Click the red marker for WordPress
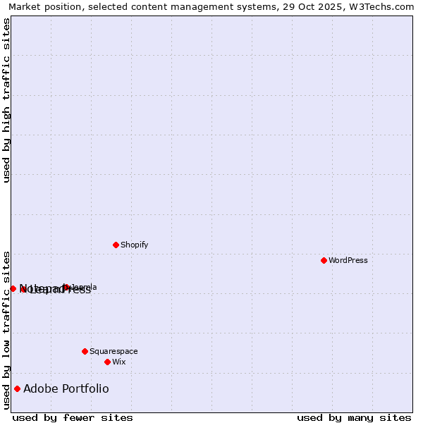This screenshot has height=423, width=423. [x=324, y=260]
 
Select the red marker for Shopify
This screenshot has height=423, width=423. [x=116, y=245]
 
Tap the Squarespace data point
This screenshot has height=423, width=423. [x=85, y=351]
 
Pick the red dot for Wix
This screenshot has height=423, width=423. [x=107, y=362]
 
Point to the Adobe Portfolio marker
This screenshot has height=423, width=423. [x=17, y=388]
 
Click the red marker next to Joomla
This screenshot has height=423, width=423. [x=66, y=287]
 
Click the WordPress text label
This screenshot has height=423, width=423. [x=348, y=260]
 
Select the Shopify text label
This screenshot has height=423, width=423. [x=135, y=245]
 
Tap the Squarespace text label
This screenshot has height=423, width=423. [x=114, y=351]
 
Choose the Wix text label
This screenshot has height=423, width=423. [x=119, y=362]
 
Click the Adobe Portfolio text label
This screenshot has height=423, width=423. [x=66, y=388]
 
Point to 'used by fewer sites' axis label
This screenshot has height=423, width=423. [x=73, y=417]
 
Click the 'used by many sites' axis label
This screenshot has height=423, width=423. [x=354, y=417]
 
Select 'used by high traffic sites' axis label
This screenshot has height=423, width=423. [x=6, y=101]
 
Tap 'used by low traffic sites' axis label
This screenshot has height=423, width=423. [x=6, y=330]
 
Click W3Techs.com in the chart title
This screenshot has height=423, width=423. [x=385, y=6]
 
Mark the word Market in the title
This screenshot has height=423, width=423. [x=25, y=6]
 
